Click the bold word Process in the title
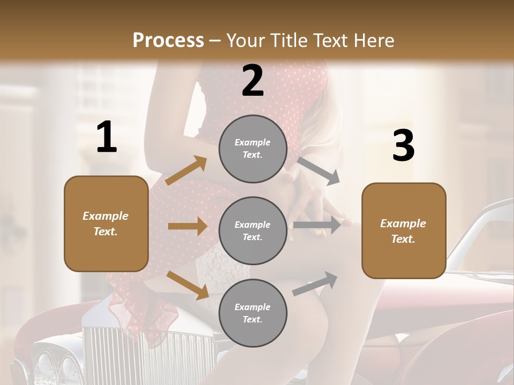(x=168, y=41)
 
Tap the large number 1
(x=107, y=137)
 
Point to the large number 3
(x=403, y=146)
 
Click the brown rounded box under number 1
(x=106, y=224)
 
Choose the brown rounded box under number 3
(x=404, y=230)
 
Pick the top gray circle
(x=253, y=149)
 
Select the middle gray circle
(x=253, y=230)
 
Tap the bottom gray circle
(x=253, y=313)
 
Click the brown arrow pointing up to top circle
(x=186, y=171)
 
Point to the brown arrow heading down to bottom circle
(x=187, y=284)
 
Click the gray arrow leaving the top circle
(x=319, y=171)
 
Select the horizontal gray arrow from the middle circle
(x=317, y=225)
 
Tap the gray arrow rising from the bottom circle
(x=315, y=283)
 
